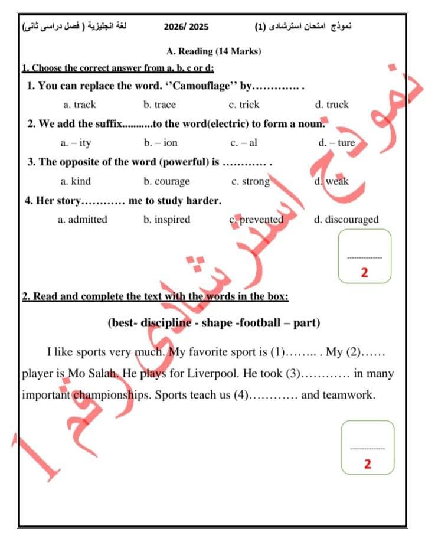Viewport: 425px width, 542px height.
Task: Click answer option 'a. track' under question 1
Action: click(x=79, y=105)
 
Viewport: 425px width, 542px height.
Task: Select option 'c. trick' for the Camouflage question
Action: click(x=244, y=105)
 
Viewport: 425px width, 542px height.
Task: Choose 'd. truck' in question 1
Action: click(x=332, y=105)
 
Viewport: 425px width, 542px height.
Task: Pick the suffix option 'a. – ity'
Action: click(x=76, y=142)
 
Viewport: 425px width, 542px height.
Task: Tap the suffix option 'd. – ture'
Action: click(x=336, y=142)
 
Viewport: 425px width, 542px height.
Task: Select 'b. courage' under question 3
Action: click(x=166, y=181)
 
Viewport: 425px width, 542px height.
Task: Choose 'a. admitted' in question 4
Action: click(x=82, y=220)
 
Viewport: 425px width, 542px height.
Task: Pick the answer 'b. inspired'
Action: click(x=166, y=220)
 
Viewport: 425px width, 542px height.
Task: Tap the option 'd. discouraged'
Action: click(x=346, y=220)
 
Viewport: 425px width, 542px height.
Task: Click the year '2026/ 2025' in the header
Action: click(x=186, y=27)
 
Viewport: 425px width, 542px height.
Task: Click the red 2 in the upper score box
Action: click(x=364, y=273)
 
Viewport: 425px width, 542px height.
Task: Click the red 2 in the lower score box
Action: click(x=368, y=464)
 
